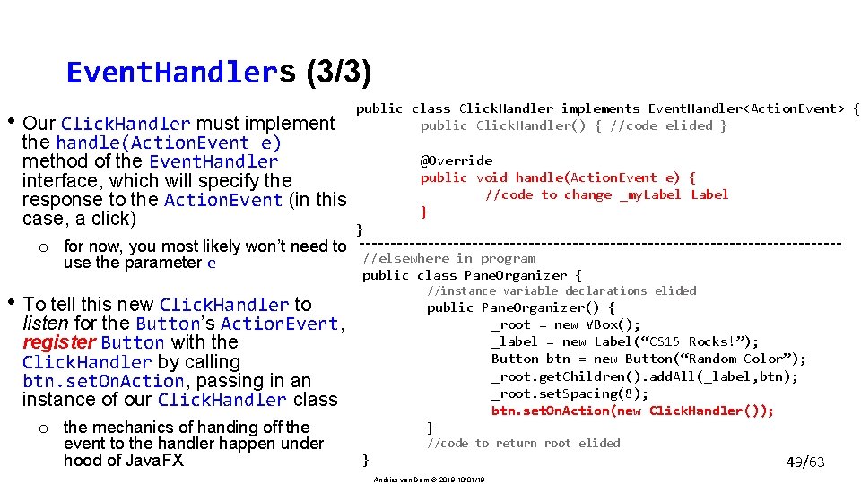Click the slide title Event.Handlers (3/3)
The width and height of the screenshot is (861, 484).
point(219,72)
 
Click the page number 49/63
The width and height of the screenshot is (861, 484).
point(804,462)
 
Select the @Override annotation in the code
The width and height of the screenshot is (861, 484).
point(456,160)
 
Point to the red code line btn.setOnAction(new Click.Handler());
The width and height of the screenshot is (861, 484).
point(632,411)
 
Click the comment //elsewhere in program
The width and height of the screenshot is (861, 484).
point(448,258)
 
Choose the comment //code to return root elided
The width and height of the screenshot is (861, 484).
point(523,443)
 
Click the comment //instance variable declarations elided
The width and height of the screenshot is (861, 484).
point(561,290)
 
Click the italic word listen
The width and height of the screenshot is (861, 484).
point(46,323)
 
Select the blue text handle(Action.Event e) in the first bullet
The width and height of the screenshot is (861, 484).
point(169,143)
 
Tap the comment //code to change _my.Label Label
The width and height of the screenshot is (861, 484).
point(606,194)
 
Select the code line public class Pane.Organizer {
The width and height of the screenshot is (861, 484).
point(472,275)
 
